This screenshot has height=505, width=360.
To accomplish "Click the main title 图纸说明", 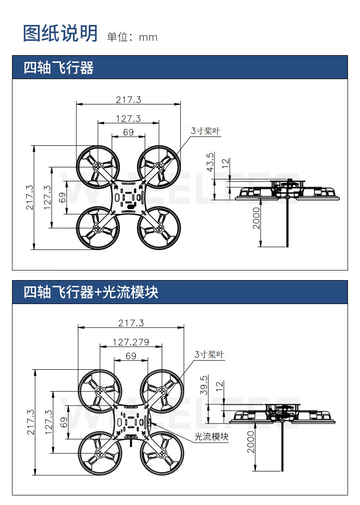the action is coord(60,33).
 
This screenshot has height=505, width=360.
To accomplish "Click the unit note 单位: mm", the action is coord(132,37).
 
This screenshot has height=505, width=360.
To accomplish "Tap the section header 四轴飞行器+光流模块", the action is coord(91,293).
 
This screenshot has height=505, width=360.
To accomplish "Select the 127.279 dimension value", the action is coord(131,342).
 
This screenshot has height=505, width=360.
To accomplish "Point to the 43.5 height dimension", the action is coord(210,162).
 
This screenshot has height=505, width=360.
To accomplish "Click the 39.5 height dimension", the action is coord(204,385).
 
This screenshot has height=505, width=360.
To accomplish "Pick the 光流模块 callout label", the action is coord(211,437).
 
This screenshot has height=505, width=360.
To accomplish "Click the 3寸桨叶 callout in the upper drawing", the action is coord(205,131).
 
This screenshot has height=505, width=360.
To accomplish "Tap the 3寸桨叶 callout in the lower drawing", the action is coord(209,354).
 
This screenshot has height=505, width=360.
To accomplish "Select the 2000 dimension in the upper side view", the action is coord(256,218).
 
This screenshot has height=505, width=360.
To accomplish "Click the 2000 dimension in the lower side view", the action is coord(251,442).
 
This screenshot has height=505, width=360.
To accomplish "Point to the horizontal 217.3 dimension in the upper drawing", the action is coord(129,100).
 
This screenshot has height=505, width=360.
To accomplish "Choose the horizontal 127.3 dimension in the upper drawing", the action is coord(128,118).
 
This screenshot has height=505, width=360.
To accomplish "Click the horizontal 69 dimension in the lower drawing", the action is coord(131,356).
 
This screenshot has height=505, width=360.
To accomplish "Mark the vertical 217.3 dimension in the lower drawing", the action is coord(30,422).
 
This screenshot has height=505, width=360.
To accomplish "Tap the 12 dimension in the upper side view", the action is coord(226,163).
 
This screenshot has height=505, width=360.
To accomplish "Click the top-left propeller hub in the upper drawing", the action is coord(98,167).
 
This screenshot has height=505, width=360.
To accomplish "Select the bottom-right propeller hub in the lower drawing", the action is coord(162,453).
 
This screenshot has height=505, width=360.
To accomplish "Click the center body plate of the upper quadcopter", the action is coord(128,197).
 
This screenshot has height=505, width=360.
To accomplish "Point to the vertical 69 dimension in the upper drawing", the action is coord(62,198).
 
